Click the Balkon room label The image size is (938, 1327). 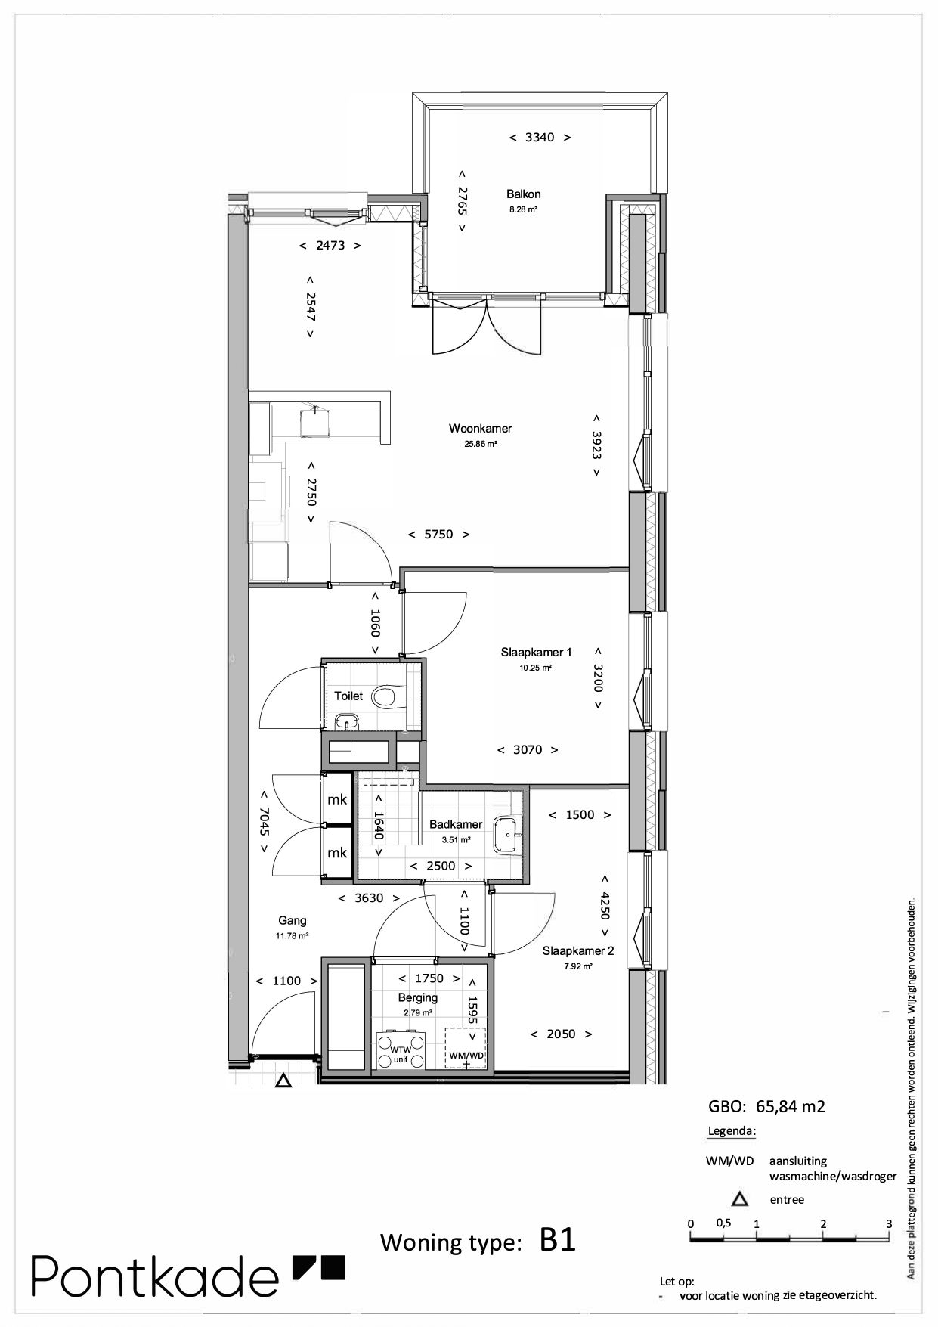pos(523,194)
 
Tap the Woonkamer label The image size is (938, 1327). pos(480,429)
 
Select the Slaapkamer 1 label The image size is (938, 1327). pos(536,653)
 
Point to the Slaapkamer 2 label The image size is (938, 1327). pos(578,951)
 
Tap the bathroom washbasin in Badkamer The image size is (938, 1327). pos(506,835)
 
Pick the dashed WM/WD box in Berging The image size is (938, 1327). pos(466,1048)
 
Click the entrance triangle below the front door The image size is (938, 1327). pos(283,1081)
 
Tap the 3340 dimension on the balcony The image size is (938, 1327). pos(540,138)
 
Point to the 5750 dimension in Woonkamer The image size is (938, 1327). pos(438,535)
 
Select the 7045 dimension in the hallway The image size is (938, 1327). pos(264,822)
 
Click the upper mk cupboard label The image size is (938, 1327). pos(337,799)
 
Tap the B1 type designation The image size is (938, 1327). pos(558,1240)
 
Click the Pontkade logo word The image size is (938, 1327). pos(155,1276)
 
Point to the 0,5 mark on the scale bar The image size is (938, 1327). pos(723,1223)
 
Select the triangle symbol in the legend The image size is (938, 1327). pos(739,1199)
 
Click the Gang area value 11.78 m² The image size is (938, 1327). pos(292,936)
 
